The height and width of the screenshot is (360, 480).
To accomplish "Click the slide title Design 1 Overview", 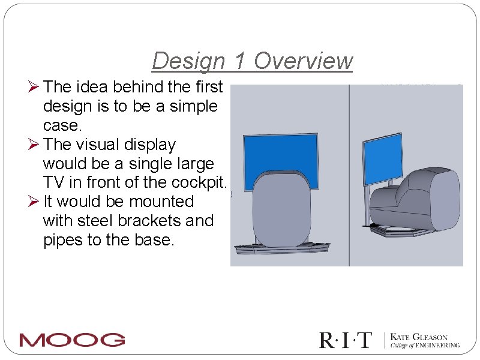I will click(x=252, y=61).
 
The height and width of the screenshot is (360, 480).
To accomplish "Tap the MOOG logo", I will click(x=72, y=340).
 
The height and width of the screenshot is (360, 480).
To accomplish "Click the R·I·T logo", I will click(x=346, y=340).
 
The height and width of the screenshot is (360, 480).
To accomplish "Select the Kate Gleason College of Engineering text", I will click(x=425, y=341).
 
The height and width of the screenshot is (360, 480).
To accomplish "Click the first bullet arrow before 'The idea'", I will click(x=35, y=88).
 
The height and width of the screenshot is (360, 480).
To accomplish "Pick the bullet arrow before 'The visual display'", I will click(x=35, y=145).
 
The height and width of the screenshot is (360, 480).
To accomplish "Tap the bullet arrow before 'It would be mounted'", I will click(x=35, y=202).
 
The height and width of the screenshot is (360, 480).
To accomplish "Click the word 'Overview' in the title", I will click(x=303, y=61).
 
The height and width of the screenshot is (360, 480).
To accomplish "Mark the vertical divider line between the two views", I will click(x=349, y=174).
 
